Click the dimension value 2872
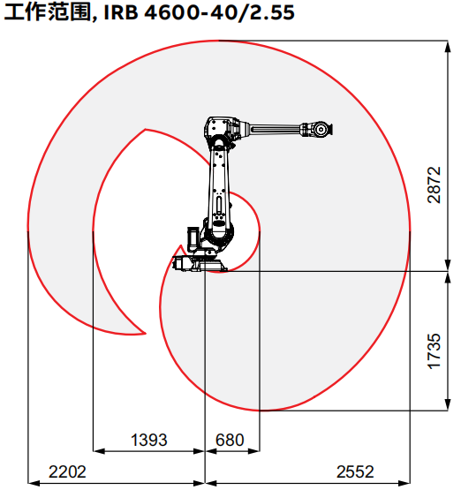pos(434,185)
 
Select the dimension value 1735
pos(434,351)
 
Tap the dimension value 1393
pos(148,440)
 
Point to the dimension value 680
pos(230,440)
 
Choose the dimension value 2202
pos(67,471)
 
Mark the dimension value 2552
pos(355,471)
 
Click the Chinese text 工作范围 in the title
pos(47,12)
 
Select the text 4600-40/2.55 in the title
pos(219,13)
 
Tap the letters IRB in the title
pos(121,13)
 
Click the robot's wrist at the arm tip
pos(321,129)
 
